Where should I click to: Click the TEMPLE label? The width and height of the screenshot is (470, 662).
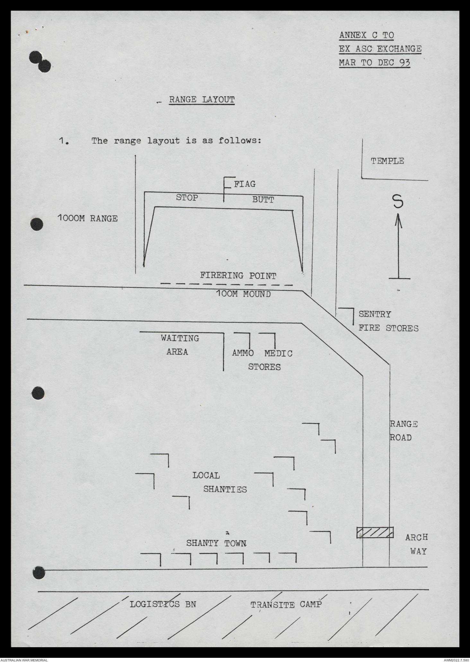[x=387, y=161]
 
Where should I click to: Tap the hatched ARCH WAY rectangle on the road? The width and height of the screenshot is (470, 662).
[x=375, y=532]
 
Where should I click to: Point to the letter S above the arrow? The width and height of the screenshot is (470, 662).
[x=398, y=202]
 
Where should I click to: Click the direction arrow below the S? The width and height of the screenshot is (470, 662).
[x=398, y=247]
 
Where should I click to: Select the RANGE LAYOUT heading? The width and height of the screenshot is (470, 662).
[x=202, y=100]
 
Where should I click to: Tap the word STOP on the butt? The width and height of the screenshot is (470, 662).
[x=187, y=198]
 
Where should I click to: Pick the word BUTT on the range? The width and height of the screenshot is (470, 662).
[x=263, y=200]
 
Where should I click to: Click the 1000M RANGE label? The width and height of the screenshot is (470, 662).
[x=88, y=219]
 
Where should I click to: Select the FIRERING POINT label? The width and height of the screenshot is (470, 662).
[x=238, y=276]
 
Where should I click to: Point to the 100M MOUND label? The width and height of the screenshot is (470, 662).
[x=243, y=294]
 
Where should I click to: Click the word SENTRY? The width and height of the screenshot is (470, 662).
[x=375, y=314]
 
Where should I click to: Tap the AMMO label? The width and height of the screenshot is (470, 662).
[x=243, y=353]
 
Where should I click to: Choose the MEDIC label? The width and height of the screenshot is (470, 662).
[x=278, y=353]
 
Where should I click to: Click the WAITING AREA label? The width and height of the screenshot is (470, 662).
[x=179, y=345]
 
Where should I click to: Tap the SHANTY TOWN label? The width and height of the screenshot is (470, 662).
[x=216, y=543]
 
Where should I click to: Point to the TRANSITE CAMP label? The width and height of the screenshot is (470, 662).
[x=286, y=605]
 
